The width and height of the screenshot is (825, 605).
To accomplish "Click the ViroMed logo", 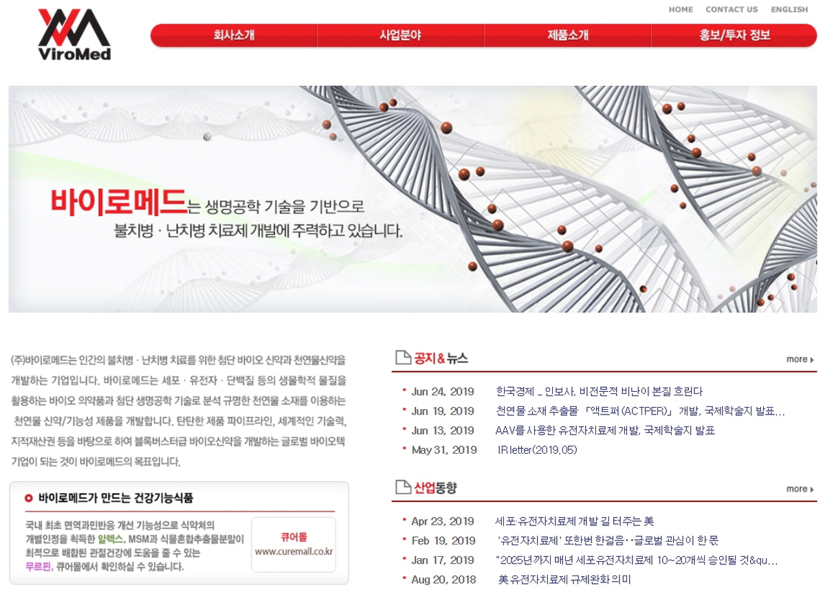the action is [74, 34].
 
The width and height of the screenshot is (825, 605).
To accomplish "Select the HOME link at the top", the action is [681, 10].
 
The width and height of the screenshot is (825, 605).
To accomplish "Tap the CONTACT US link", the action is [731, 10].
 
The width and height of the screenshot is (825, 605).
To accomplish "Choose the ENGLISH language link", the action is [789, 10].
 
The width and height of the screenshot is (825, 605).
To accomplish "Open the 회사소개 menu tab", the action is [234, 35].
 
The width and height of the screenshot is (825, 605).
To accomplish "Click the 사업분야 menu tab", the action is [400, 35].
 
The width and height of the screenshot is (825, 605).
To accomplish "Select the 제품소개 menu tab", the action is [568, 35].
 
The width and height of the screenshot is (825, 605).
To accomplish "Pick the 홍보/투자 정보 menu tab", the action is [735, 35].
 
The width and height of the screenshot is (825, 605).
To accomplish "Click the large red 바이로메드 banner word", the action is [118, 202].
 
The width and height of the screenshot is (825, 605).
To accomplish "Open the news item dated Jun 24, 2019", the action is [599, 391].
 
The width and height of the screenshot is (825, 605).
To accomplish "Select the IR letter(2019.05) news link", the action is [537, 450].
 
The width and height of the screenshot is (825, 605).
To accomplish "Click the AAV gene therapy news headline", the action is [605, 430].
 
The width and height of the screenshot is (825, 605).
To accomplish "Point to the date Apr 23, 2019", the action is [443, 521].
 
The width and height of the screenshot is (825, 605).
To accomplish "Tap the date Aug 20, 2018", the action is [444, 580].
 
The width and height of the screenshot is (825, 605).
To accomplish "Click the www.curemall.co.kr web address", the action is [294, 551].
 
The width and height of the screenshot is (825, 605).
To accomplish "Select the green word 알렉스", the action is [110, 539].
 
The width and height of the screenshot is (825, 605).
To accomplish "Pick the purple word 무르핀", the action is [38, 566].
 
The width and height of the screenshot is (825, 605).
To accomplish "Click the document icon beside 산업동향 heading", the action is [403, 487].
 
